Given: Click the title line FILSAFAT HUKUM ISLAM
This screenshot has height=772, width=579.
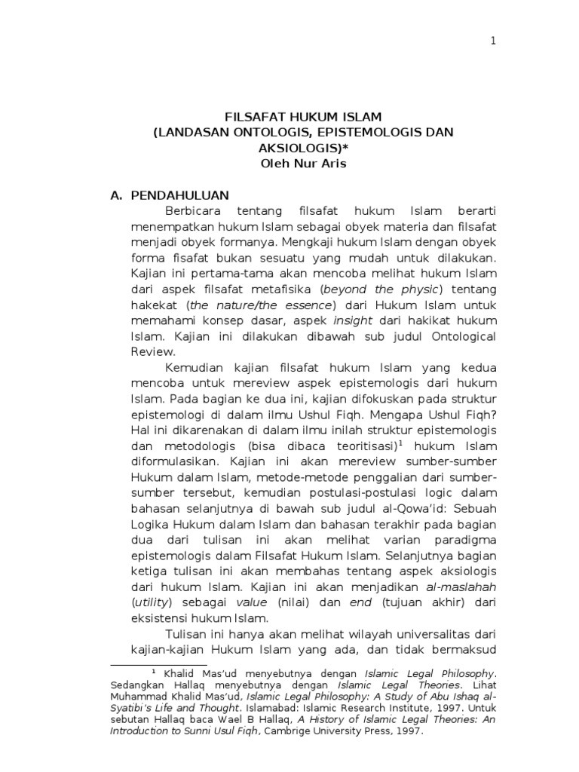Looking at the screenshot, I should click(305, 117).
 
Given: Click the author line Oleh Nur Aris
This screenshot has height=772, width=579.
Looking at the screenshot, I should click(305, 164).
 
